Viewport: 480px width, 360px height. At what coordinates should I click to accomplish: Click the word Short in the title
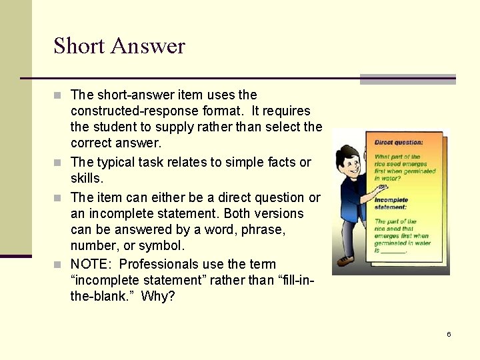(79, 46)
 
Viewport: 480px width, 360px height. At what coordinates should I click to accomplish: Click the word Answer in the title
(148, 46)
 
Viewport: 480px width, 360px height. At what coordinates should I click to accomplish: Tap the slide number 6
(449, 334)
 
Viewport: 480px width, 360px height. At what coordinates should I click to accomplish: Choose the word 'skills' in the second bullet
(85, 179)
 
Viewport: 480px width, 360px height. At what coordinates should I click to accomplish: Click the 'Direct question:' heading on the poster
(398, 143)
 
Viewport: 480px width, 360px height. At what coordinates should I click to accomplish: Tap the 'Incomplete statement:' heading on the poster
(391, 203)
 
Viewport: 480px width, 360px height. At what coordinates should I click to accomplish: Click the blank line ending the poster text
(394, 251)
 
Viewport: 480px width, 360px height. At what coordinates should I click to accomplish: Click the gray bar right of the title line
(407, 79)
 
